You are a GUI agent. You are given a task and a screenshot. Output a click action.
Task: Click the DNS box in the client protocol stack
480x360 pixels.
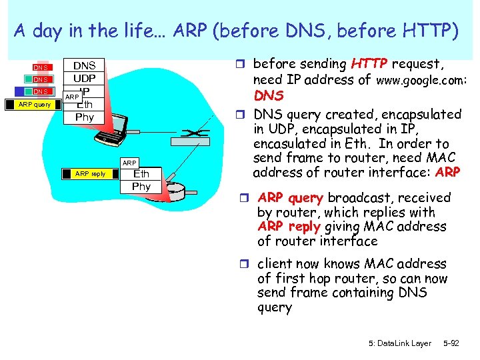tap(84, 65)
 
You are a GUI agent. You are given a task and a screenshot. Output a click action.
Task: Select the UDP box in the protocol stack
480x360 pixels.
tap(84, 79)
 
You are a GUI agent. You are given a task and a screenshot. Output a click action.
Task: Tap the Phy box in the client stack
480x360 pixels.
tap(84, 117)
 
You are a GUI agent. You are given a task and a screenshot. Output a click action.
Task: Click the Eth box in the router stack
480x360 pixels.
tap(141, 174)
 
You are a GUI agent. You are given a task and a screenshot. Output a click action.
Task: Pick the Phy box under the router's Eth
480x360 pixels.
tap(141, 187)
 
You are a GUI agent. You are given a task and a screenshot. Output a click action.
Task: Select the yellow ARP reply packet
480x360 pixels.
tap(91, 174)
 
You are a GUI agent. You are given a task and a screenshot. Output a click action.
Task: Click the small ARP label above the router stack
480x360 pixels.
tap(129, 162)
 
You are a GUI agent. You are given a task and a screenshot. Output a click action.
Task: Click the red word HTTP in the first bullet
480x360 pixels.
tap(369, 65)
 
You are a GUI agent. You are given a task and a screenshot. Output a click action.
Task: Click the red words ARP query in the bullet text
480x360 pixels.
tap(290, 198)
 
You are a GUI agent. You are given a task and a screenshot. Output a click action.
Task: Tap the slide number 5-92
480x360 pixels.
tap(451, 343)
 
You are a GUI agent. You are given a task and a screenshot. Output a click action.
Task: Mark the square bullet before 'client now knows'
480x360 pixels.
tap(248, 265)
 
